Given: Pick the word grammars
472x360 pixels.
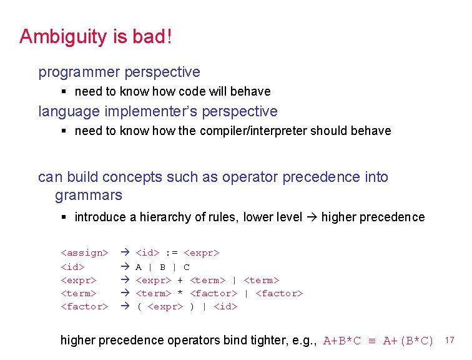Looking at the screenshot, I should pos(89,196).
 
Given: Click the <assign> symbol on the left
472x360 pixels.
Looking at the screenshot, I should pos(84,253).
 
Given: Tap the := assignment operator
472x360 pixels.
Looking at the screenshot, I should pos(172,253).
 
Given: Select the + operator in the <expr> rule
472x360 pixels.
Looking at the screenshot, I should pos(180,280).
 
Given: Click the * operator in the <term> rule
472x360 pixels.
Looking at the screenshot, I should pos(180,293).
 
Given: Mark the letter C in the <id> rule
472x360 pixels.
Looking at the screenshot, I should pos(187,267).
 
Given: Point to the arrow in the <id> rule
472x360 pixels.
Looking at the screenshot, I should pos(124,267).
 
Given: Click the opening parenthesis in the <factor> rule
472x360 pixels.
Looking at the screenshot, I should pos(139,307).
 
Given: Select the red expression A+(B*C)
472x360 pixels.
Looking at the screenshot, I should pos(408,341).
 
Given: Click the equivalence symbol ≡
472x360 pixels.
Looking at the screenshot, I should pos(371,341).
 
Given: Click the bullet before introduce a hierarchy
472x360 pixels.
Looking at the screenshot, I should pos(64,217).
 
